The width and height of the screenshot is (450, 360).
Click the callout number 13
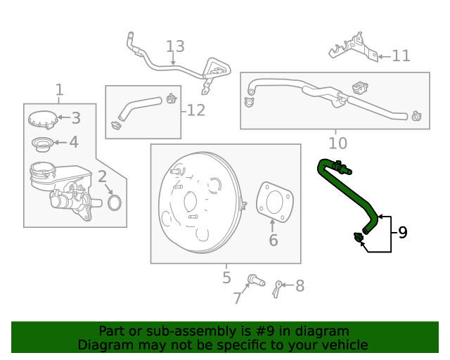point(175,46)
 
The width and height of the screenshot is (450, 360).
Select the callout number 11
point(401,56)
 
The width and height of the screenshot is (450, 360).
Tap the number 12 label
point(196,110)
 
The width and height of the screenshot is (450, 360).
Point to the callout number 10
point(337,143)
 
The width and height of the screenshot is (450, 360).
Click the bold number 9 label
point(403,232)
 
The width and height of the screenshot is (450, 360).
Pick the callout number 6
point(274,240)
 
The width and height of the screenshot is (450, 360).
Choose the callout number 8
point(300,286)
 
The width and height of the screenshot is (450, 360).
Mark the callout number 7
point(238,298)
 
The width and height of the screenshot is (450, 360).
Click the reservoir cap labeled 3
point(43,120)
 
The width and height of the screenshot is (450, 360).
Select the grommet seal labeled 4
point(42,144)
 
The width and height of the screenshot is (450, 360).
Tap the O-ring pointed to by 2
point(115,202)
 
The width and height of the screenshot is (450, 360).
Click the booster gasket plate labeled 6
point(275,202)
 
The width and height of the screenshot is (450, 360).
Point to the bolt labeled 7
point(256,280)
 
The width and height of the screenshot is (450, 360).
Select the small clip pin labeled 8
point(277,290)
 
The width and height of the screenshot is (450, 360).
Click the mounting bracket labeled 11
point(354,47)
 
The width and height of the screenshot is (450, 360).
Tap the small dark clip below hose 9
point(359,237)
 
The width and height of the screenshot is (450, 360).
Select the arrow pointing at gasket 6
point(272,226)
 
